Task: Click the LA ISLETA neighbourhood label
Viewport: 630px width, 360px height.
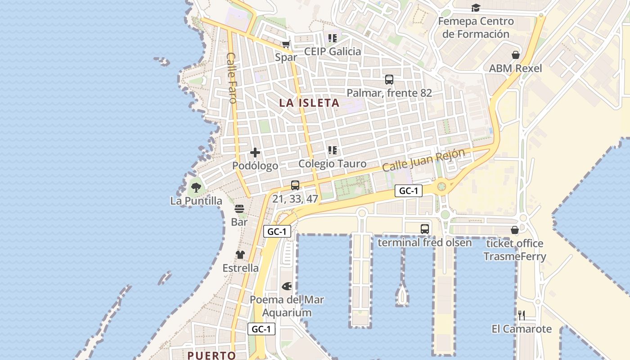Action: (x=309, y=103)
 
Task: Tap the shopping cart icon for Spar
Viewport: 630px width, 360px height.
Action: (x=286, y=44)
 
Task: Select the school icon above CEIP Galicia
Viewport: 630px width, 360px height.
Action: (x=333, y=38)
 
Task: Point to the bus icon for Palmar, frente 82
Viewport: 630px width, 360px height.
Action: (x=389, y=80)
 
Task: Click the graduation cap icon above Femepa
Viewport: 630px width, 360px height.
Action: (x=476, y=8)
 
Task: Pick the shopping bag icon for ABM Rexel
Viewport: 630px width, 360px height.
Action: (x=516, y=55)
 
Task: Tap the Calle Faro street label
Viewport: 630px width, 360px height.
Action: (x=232, y=78)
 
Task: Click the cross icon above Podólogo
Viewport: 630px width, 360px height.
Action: (x=255, y=153)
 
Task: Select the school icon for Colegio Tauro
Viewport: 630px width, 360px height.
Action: (x=333, y=150)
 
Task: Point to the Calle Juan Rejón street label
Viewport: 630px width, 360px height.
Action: (x=423, y=160)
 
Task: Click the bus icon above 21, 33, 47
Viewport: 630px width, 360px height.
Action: (x=295, y=185)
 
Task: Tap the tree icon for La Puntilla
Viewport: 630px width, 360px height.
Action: (x=196, y=187)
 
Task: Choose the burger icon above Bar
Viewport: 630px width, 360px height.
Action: (x=239, y=208)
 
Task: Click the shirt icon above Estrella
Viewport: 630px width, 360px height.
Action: (x=240, y=255)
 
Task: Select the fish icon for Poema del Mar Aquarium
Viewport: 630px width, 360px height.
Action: (x=287, y=286)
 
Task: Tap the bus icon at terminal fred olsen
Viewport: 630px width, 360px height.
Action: (x=425, y=229)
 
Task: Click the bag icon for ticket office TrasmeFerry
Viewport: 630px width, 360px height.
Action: (x=515, y=230)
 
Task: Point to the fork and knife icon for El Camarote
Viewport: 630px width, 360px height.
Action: (x=522, y=315)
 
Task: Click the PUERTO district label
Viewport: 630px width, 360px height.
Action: (x=211, y=355)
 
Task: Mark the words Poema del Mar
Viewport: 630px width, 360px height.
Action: (x=287, y=300)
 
